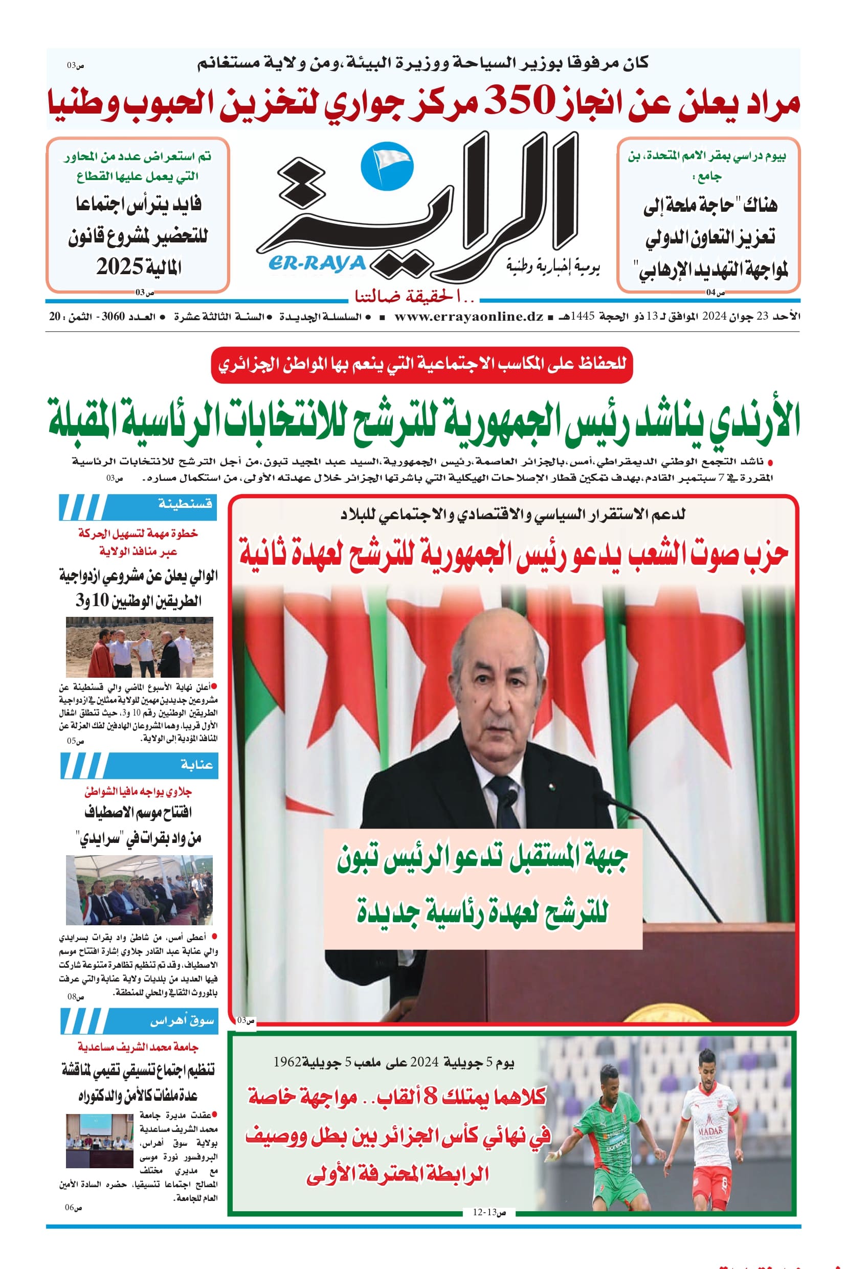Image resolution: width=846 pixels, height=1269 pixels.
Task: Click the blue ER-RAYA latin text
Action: click(317, 264)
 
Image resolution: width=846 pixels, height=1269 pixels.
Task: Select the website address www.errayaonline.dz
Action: click(469, 317)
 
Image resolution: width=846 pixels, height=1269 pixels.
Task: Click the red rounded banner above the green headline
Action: click(421, 364)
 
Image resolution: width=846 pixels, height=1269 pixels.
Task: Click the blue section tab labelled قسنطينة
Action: click(139, 507)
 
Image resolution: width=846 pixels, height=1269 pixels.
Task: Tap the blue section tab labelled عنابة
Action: click(140, 765)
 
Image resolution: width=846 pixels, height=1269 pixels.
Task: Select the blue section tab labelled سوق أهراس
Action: click(140, 1020)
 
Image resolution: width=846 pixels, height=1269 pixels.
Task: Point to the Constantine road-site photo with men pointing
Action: click(139, 647)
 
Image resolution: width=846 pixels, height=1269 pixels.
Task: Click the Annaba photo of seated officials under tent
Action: click(139, 890)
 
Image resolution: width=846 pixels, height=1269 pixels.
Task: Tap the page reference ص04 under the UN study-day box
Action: click(716, 293)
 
